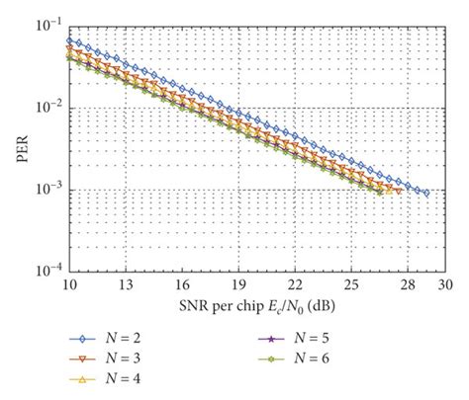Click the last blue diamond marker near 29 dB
point(424,194)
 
